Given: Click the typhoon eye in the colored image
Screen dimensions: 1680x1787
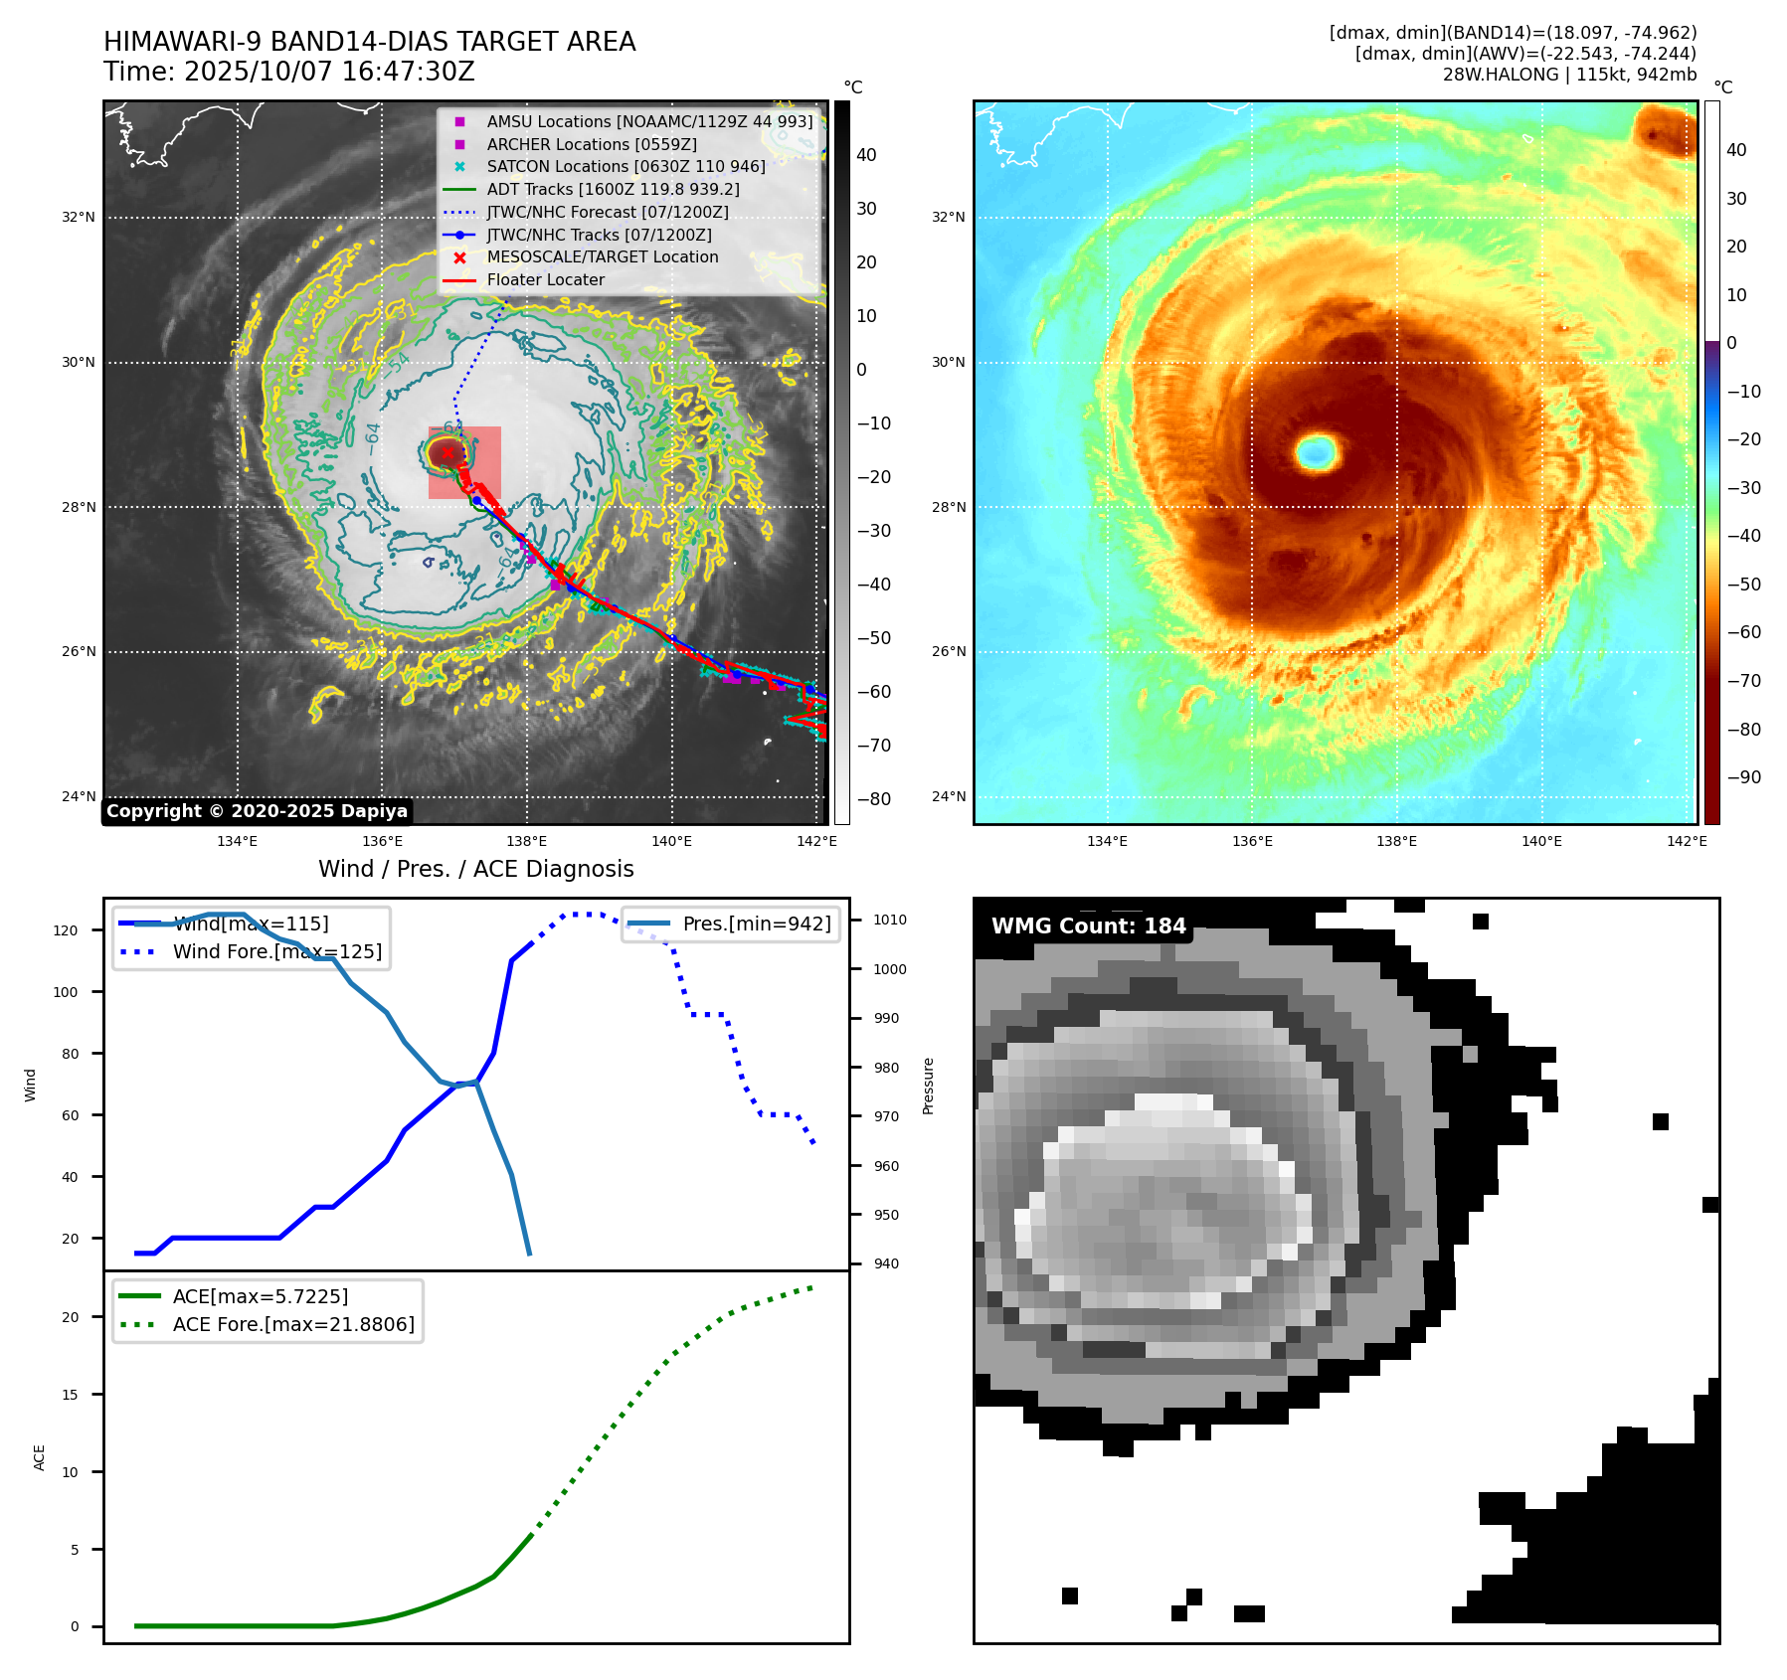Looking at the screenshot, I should tap(1317, 452).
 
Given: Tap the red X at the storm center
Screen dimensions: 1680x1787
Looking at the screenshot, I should tap(447, 453).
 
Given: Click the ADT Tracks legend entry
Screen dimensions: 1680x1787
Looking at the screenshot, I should tap(613, 189).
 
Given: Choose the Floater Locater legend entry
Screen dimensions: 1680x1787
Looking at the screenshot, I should tap(545, 279).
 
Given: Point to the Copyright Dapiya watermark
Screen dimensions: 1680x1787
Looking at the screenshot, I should tap(257, 811).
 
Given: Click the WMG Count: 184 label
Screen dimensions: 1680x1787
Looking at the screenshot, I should tap(1088, 926).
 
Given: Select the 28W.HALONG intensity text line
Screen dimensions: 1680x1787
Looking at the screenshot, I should tap(1569, 75).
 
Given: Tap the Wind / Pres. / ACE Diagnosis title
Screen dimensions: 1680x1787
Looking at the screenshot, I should tap(475, 869).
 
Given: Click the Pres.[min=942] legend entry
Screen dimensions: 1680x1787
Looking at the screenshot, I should tap(756, 924).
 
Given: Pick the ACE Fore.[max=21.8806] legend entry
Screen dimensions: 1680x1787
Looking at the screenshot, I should tap(293, 1324).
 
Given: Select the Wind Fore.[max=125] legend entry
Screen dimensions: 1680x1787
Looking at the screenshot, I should tap(276, 951).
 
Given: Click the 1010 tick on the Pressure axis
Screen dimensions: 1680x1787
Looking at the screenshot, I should tap(889, 920).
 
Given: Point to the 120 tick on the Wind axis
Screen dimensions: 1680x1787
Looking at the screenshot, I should tap(66, 930).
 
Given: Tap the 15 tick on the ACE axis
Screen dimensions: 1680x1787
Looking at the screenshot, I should tap(71, 1395).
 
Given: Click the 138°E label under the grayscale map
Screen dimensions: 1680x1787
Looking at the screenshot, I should tap(526, 841).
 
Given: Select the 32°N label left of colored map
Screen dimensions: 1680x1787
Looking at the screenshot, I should tap(948, 217).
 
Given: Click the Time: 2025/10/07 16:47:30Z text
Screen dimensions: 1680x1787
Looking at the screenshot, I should tap(289, 72).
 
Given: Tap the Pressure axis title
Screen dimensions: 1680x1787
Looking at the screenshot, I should tap(928, 1086).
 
